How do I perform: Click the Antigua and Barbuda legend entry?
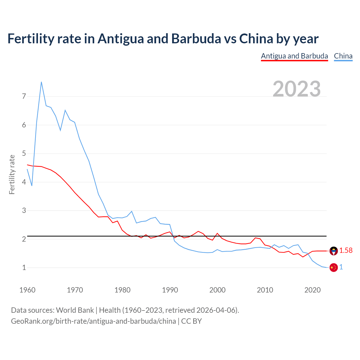click(294, 56)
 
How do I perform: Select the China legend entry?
click(343, 56)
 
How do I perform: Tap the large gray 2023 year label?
click(297, 89)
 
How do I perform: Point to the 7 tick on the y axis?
click(24, 96)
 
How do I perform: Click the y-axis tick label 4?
click(24, 182)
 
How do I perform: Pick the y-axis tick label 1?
click(24, 267)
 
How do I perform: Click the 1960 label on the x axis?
click(27, 290)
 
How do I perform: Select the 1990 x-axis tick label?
click(170, 290)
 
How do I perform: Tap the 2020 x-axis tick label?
click(312, 290)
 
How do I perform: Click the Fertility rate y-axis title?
click(12, 174)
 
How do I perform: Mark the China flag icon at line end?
click(334, 267)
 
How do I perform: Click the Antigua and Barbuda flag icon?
click(334, 251)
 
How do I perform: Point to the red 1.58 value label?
click(346, 250)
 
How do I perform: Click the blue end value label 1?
click(341, 267)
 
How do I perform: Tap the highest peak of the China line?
click(41, 82)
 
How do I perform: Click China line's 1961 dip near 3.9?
click(32, 186)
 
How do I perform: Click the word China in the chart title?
click(256, 39)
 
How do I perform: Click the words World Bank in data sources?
click(75, 310)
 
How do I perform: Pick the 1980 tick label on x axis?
click(122, 290)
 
